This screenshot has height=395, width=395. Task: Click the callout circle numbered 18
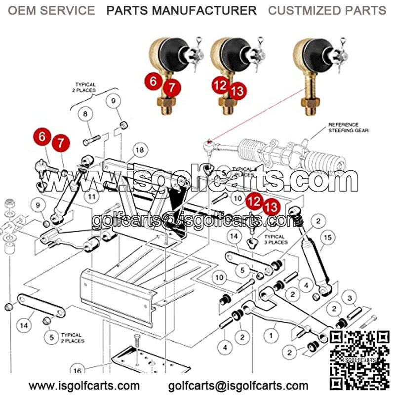tap(140, 150)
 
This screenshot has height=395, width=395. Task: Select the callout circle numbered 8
tap(85, 114)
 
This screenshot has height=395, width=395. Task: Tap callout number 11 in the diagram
tap(91, 196)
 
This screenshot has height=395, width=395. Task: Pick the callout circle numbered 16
tap(77, 371)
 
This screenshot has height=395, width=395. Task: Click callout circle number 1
tap(271, 336)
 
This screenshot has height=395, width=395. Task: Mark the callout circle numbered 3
tap(350, 298)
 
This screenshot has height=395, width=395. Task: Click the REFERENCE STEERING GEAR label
tap(344, 128)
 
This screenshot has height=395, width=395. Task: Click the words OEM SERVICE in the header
tap(51, 10)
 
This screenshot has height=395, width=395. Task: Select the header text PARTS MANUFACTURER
tap(182, 10)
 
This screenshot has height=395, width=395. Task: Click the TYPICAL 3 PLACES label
tap(276, 239)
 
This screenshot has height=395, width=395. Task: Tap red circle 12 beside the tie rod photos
tap(221, 85)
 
